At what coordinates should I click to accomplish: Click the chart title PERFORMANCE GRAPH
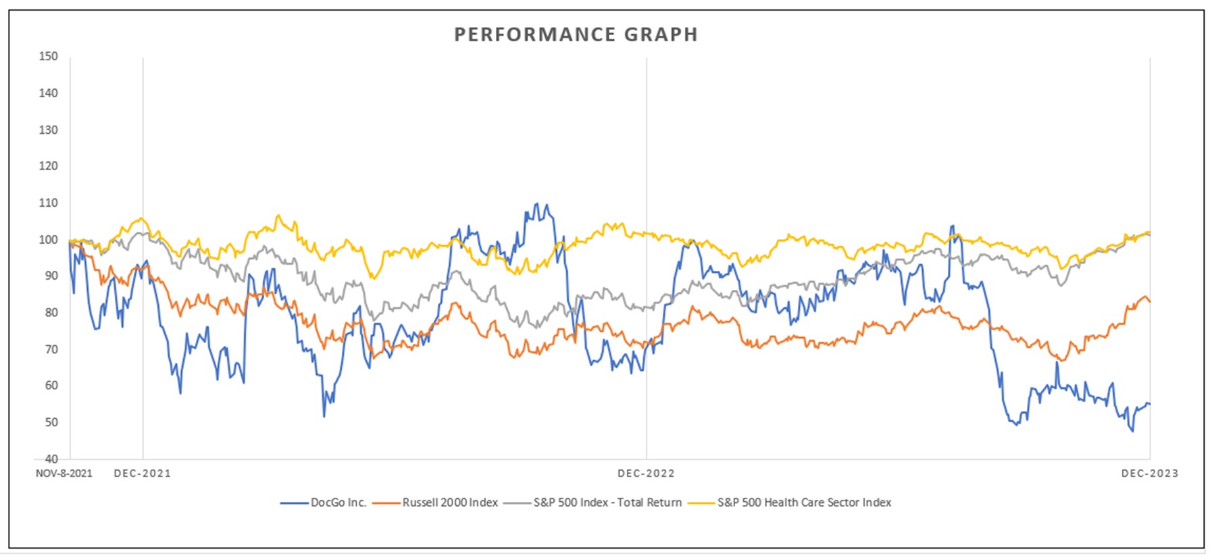coord(576,34)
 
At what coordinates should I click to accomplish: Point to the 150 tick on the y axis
coord(48,56)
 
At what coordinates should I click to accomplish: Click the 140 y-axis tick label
coord(48,93)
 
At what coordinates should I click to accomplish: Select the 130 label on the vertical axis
coord(48,129)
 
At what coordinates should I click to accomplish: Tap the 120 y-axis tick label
coord(48,166)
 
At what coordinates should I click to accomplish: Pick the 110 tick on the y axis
coord(48,203)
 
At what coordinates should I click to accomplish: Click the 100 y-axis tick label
coord(48,239)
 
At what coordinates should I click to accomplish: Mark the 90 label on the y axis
coord(51,276)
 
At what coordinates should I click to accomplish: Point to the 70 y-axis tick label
coord(51,349)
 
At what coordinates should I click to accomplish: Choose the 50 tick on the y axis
coord(51,422)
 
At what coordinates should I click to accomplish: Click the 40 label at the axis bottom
coord(51,459)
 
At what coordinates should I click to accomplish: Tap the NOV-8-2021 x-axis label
coord(64,474)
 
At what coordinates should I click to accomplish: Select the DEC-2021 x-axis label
coord(143,474)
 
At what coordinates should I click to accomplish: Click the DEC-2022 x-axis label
coord(646,474)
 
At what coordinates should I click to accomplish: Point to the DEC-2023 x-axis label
coord(1149,474)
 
